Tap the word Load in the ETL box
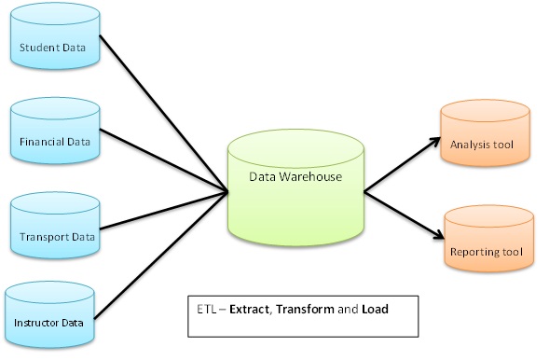tap(374, 307)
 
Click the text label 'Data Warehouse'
tap(294, 176)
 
